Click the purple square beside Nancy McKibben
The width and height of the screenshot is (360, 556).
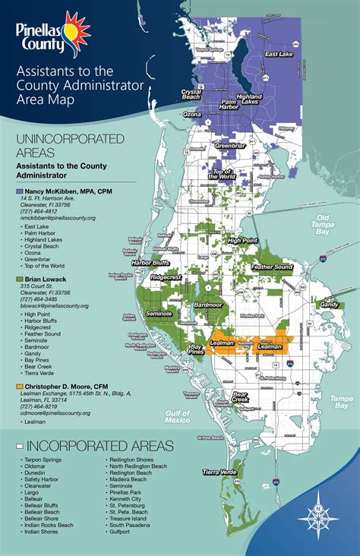[19, 191]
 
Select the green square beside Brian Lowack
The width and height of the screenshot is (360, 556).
[19, 280]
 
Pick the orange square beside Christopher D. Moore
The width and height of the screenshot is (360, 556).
[19, 387]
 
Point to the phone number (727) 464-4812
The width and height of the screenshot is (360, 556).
[40, 210]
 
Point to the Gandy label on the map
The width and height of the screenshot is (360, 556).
[329, 304]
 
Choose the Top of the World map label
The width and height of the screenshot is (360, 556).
[225, 173]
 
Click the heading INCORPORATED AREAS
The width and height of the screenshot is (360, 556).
[96, 445]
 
